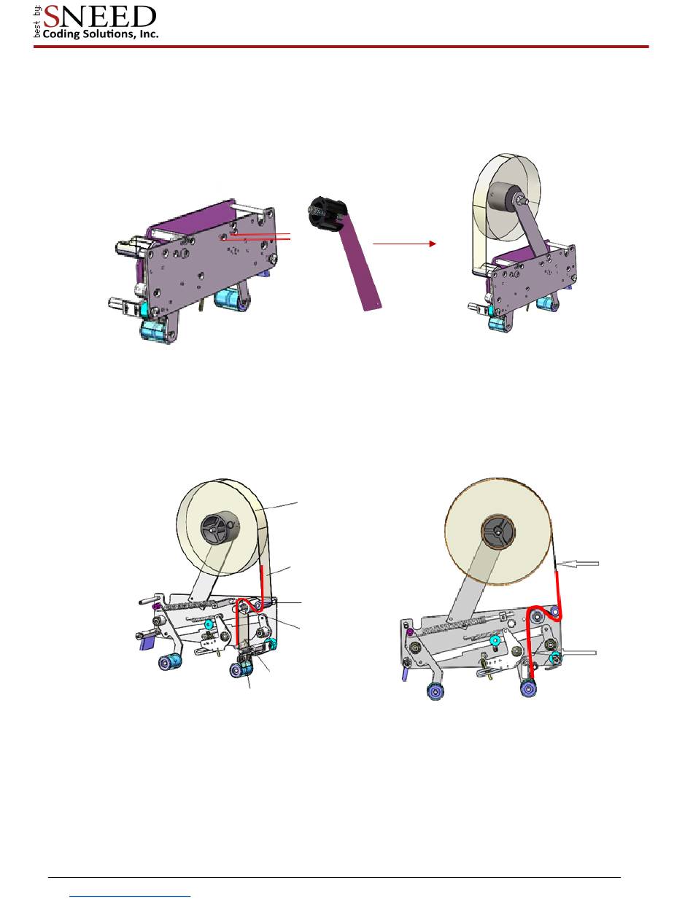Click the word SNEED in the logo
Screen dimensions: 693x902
pyautogui.click(x=100, y=17)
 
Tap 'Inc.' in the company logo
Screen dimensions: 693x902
pyautogui.click(x=149, y=34)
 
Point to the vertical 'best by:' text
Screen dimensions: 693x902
pyautogui.click(x=37, y=23)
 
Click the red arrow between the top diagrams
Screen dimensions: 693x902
pyautogui.click(x=404, y=244)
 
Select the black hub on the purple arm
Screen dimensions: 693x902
pyautogui.click(x=326, y=212)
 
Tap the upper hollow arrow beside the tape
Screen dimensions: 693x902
pyautogui.click(x=577, y=563)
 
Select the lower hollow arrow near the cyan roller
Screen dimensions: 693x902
pyautogui.click(x=576, y=653)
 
